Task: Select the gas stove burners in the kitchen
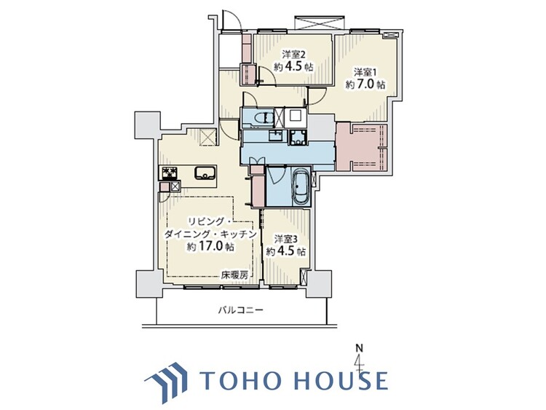pyautogui.click(x=170, y=173)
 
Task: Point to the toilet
pyautogui.click(x=264, y=118)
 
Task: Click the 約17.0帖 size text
pyautogui.click(x=210, y=246)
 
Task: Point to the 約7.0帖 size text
pyautogui.click(x=365, y=84)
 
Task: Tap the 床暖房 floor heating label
pyautogui.click(x=235, y=275)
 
